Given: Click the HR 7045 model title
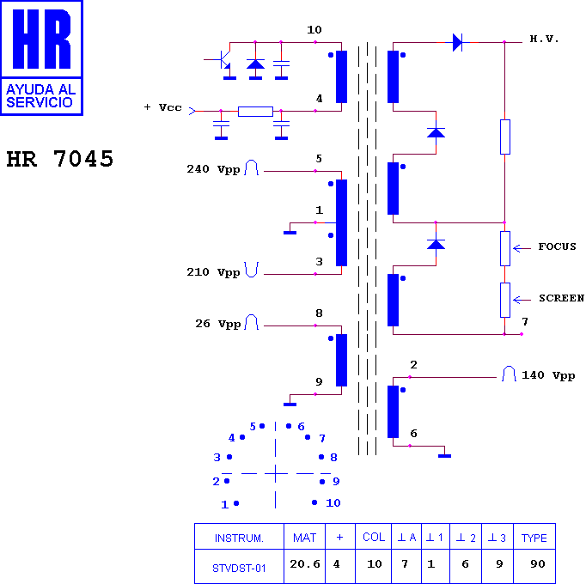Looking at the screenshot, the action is click(x=60, y=158).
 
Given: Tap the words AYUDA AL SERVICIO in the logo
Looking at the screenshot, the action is click(x=41, y=95).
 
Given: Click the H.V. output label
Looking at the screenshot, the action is click(x=544, y=39).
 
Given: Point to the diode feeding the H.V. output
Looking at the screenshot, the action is click(x=457, y=42).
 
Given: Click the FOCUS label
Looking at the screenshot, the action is click(x=557, y=246).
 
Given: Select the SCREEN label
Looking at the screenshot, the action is click(x=561, y=298).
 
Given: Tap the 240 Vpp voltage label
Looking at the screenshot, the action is click(x=213, y=169).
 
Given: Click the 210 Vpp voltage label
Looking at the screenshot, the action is click(x=213, y=272).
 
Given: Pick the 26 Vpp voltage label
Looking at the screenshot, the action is click(x=218, y=324).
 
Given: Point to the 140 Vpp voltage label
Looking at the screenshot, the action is click(x=548, y=375).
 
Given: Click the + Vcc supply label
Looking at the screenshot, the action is click(x=163, y=107).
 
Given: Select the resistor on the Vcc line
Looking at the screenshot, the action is click(x=256, y=112).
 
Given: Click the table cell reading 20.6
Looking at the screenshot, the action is click(x=304, y=564).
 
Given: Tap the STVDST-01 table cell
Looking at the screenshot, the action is click(x=239, y=569).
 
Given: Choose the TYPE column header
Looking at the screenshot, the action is click(x=534, y=538).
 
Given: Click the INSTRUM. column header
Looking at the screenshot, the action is click(x=239, y=538).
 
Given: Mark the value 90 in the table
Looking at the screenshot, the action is click(x=538, y=564).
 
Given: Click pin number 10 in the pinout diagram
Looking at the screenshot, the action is click(x=333, y=503).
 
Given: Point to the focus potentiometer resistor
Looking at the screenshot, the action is click(x=505, y=248).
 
